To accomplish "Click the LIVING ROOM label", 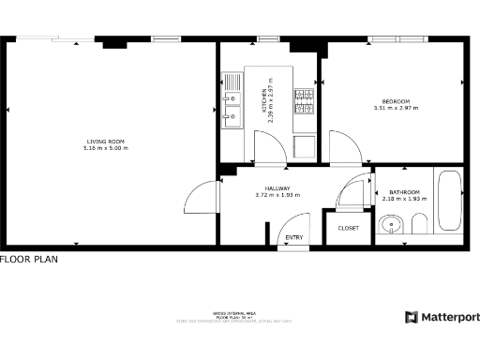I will pos(105,142).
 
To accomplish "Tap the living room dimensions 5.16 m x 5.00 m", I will pos(105,149).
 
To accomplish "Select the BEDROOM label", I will pos(395,101).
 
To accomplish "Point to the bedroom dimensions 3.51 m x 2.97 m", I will pos(395,109).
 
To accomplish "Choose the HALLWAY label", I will pos(277,187).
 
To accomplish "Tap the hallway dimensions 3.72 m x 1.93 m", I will pos(277,195).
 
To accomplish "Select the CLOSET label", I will pos(348,228).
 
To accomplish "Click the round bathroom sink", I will pos(392,224).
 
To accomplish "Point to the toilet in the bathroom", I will pos(419,223).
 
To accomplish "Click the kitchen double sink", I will pos(230,103).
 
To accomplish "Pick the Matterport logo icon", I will pos(412,318).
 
